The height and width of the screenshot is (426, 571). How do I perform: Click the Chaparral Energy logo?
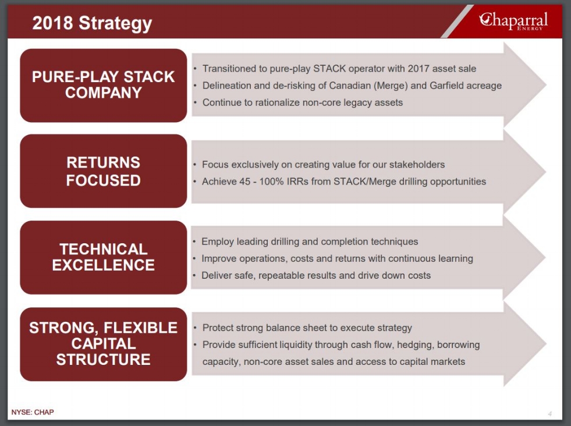(x=513, y=21)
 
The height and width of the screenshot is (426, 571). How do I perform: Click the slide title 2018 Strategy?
(x=92, y=23)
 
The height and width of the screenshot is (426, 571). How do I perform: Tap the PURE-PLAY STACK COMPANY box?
(x=104, y=86)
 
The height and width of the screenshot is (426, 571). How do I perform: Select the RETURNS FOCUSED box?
(x=104, y=171)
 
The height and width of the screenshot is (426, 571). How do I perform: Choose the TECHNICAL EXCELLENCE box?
(x=104, y=257)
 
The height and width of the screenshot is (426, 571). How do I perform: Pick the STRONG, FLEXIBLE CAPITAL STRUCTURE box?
(x=104, y=344)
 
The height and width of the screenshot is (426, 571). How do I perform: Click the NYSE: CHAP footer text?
(x=33, y=412)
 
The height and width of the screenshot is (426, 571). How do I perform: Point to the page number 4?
(x=550, y=414)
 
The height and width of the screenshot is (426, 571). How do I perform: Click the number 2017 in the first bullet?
(x=419, y=69)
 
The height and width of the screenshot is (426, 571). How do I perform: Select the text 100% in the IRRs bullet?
(x=271, y=182)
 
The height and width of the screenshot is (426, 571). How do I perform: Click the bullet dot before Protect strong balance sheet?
(x=195, y=328)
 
